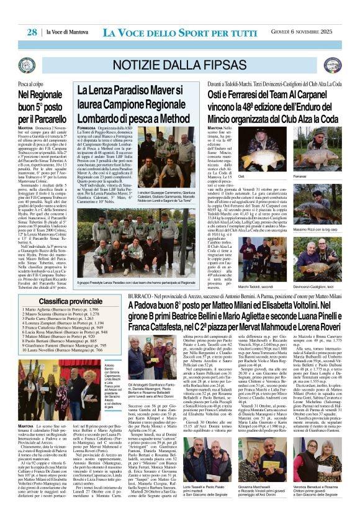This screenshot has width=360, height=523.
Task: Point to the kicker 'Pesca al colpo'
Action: point(30,83)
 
